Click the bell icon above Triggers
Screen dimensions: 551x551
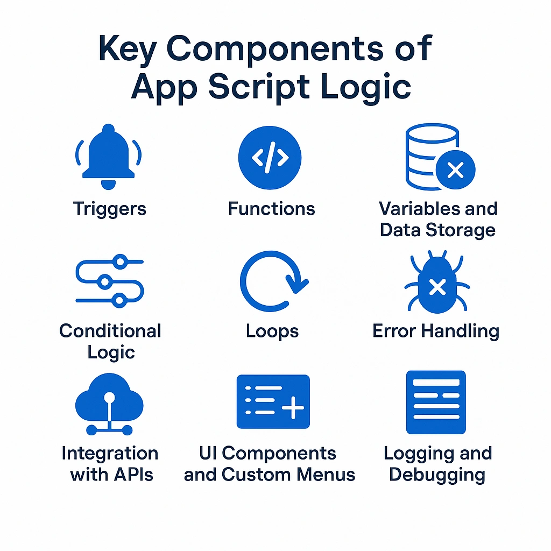point(108,157)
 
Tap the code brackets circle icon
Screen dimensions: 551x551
point(270,158)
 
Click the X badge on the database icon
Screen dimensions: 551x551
point(455,169)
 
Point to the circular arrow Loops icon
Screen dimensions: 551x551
point(246,281)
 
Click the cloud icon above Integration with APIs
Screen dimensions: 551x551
point(109,404)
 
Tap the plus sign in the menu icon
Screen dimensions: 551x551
point(293,408)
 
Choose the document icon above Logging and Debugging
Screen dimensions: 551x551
point(436,402)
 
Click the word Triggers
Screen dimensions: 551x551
point(109,209)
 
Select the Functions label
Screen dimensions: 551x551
point(271,208)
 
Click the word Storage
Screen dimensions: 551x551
point(461,230)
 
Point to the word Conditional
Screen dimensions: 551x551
point(110,331)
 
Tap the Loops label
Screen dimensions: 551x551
point(272,331)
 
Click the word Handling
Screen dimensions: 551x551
point(461,331)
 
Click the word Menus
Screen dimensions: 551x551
point(326,475)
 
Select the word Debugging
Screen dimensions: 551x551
point(437,475)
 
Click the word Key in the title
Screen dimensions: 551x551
point(127,50)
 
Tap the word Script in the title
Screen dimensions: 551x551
point(259,87)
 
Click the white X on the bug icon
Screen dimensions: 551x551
point(437,287)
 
